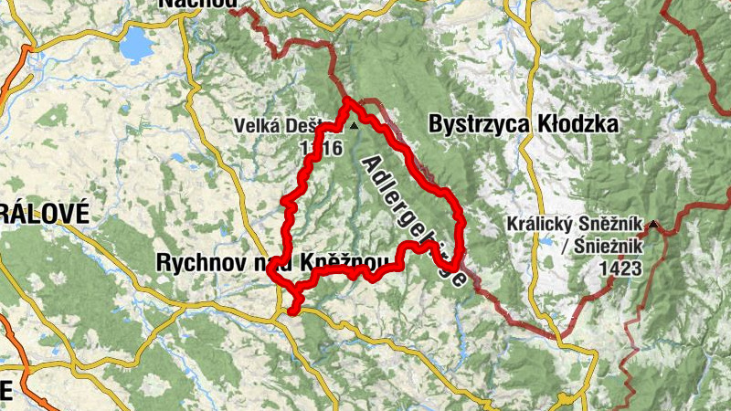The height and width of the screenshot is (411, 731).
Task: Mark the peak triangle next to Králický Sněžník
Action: (653, 225)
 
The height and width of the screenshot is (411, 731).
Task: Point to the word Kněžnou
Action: (351, 265)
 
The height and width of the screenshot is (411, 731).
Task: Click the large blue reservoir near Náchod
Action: (138, 42)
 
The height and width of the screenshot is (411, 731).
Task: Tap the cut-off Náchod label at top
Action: (194, 4)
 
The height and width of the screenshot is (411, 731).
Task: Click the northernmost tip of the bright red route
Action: (348, 100)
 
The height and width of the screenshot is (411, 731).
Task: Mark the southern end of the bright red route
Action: (291, 313)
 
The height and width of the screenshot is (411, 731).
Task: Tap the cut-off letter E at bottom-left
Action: (6, 390)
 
